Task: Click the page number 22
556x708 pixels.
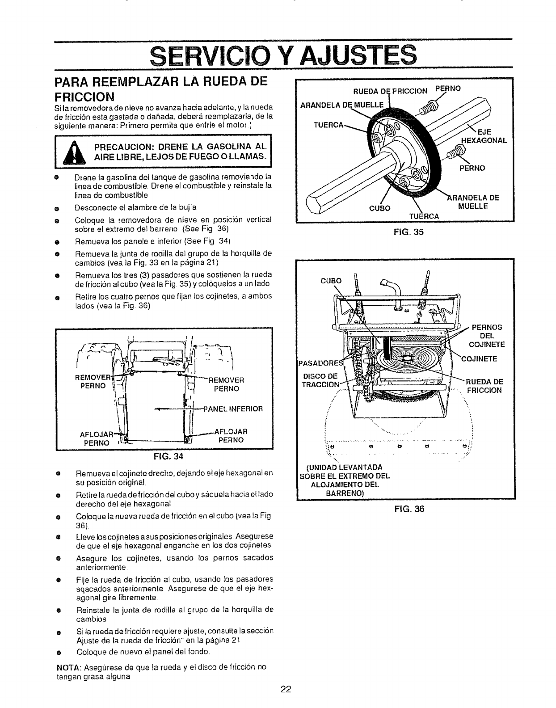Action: click(x=286, y=688)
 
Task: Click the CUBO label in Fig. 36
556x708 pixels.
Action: click(x=331, y=281)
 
